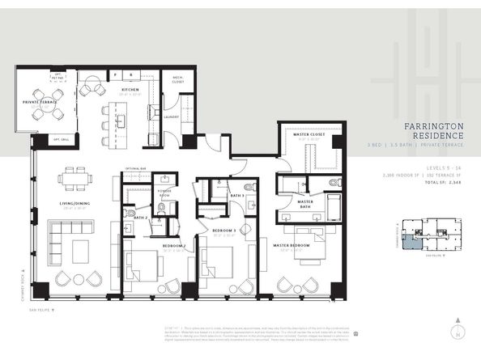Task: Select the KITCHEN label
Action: coord(130,90)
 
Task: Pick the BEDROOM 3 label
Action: coord(223,231)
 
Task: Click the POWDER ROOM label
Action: coord(165,195)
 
